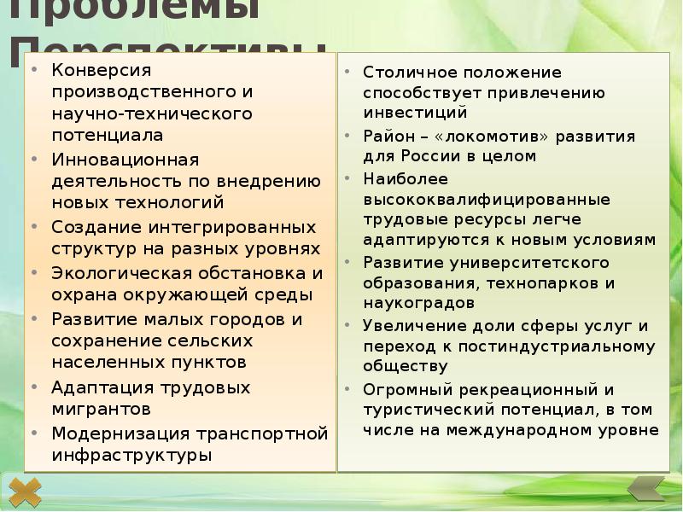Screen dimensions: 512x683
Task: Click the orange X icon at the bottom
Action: [x=26, y=493]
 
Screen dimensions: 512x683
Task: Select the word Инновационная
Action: [x=125, y=160]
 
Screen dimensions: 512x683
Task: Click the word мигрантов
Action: [x=102, y=409]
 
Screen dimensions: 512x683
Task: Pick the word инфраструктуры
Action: [x=132, y=455]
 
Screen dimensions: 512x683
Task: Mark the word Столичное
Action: [x=405, y=72]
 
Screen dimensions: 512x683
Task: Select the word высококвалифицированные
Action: [x=487, y=199]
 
